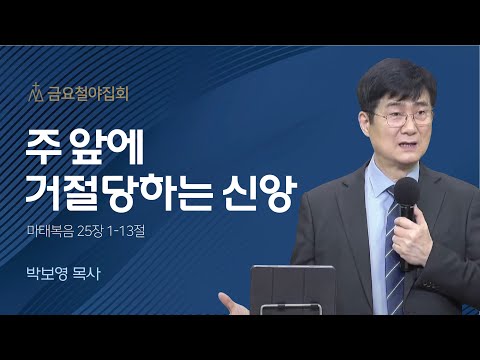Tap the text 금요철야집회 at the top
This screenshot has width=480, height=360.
[x=80, y=95]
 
